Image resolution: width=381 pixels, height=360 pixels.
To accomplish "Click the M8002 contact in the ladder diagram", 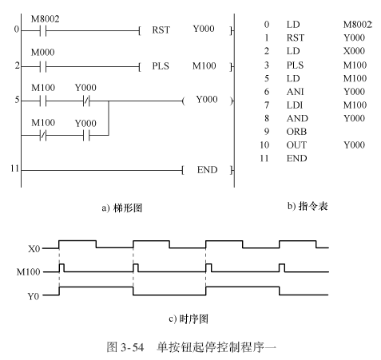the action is point(43,31).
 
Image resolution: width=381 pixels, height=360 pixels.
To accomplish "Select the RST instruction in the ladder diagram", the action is point(161,30).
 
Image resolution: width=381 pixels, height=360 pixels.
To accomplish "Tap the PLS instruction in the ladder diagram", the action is point(161,66).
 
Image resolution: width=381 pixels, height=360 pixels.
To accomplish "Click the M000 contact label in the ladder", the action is point(42,52).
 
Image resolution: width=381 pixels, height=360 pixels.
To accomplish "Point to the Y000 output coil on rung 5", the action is point(207,100).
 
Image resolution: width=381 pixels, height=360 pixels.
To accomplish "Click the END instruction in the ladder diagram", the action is point(207,170).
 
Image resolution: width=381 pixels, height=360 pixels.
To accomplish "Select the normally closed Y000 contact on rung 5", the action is point(86,101).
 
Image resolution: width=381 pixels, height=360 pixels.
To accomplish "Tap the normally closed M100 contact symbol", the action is point(43,136).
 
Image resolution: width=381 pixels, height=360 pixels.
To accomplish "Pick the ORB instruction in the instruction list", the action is point(296,132).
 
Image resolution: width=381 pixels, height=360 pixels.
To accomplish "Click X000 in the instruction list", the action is point(354,51).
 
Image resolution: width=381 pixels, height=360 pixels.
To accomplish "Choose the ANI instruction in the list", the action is point(295,92).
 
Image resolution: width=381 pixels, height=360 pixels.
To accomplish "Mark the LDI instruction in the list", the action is point(295,105).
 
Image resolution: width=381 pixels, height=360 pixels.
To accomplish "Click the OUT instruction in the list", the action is point(296,145).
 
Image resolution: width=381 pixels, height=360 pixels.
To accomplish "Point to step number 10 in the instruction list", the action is point(264,145).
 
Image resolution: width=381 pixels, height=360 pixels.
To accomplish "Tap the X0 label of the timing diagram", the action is point(34,249).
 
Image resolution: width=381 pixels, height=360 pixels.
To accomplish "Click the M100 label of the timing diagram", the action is point(28,272).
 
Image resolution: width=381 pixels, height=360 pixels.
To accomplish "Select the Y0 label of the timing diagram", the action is point(34,296).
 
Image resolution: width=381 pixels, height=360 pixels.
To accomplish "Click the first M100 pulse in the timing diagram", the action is point(62,267).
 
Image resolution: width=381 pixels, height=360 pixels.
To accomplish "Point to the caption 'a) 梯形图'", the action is point(121,208).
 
